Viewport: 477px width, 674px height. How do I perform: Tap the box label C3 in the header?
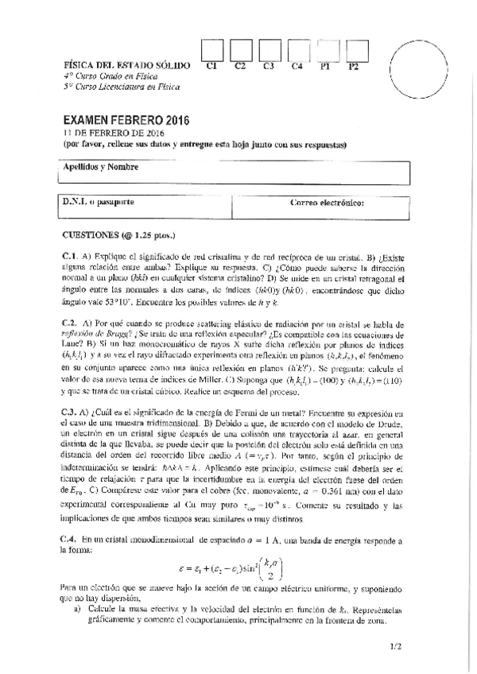[269, 66]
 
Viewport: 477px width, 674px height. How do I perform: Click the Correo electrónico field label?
[328, 202]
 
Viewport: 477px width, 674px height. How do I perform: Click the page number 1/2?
[397, 647]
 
